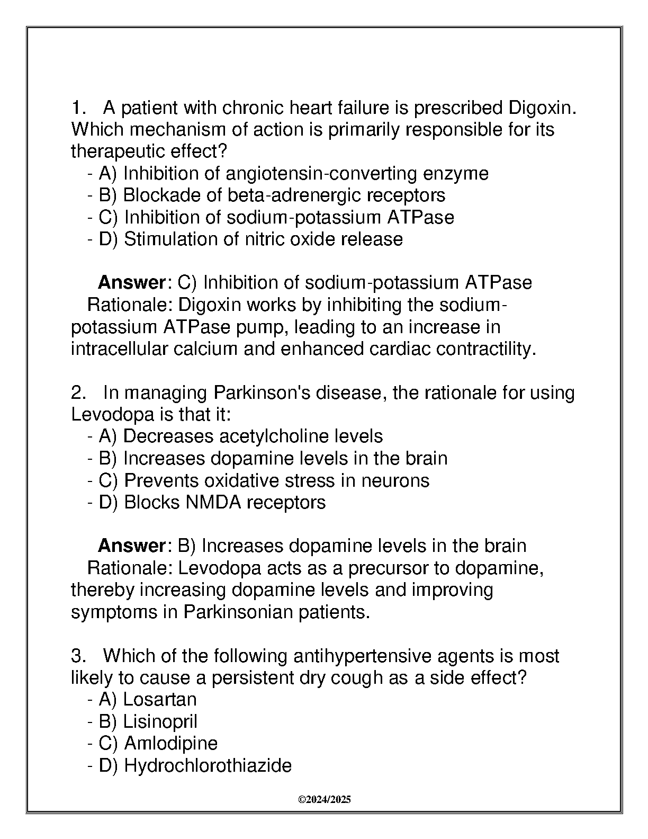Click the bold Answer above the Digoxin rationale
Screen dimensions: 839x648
coord(132,283)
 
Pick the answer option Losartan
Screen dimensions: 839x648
coord(159,700)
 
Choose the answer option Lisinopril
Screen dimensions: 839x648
coord(160,721)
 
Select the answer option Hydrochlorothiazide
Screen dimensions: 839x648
coord(207,765)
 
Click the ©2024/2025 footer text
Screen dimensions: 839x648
coord(324,800)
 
